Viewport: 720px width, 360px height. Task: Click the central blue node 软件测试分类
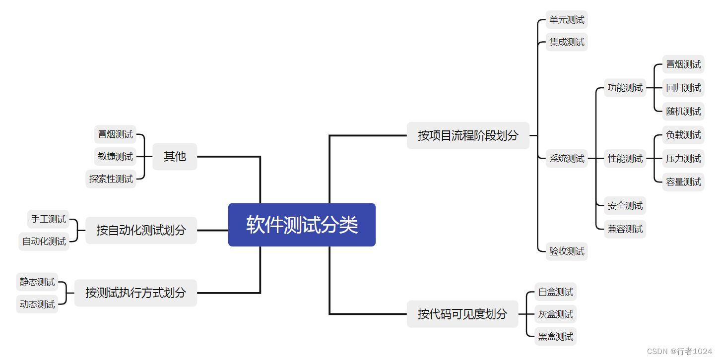coord(302,225)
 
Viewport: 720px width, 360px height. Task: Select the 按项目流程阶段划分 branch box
coord(468,135)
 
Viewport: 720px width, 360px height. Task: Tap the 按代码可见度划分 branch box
coord(462,314)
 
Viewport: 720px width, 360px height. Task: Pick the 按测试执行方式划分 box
coord(135,293)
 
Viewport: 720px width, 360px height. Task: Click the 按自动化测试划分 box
coord(141,230)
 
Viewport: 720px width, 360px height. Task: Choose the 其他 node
coord(175,156)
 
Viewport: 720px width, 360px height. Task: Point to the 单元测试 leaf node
coord(567,20)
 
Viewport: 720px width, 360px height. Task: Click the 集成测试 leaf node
coord(567,42)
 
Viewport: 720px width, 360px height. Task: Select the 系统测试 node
coord(567,159)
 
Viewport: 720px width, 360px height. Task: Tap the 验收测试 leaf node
coord(567,251)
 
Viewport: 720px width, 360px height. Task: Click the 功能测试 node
coord(625,88)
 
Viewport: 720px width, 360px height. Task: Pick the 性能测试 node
coord(625,159)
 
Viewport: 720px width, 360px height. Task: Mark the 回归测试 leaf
coord(683,88)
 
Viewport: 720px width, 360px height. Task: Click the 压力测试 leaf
coord(683,159)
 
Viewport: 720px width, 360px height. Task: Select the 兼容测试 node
coord(625,229)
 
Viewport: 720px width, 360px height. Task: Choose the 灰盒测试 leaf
coord(556,314)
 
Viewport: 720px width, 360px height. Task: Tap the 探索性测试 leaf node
coord(111,179)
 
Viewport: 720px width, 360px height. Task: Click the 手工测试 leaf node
coord(48,219)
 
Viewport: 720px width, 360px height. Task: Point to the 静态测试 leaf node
coord(37,282)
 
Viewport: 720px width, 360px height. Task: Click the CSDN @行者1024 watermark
coord(679,351)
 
